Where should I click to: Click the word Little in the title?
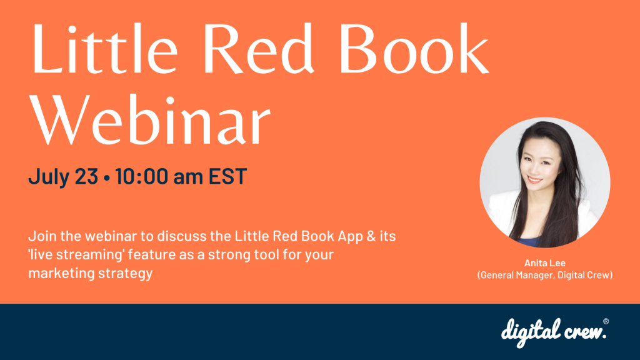pos(104,48)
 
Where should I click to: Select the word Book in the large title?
pos(414,48)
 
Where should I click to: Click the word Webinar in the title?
pos(151,119)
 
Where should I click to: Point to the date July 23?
pos(63,176)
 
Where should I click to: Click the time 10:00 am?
pos(159,176)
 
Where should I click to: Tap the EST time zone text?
pos(227,176)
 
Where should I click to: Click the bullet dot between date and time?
pos(106,178)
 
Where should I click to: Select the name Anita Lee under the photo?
pos(545,263)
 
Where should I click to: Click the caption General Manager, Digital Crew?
pos(545,275)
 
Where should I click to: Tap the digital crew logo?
pos(554,332)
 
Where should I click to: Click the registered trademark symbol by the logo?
pos(606,321)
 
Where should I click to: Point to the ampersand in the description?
pos(371,236)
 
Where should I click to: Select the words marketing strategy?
pos(90,273)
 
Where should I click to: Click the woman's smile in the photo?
pos(535,179)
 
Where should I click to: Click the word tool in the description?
pos(267,255)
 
